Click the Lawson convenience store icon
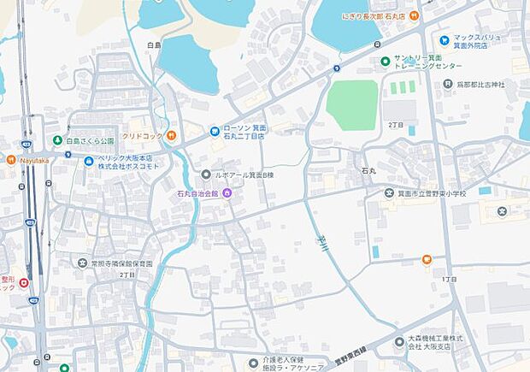pos(215,131)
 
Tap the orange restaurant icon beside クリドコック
pos(171,135)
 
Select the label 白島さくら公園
pos(89,140)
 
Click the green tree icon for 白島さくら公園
pos(57,140)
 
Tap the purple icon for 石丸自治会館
pos(227,194)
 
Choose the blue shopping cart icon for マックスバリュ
pos(445,40)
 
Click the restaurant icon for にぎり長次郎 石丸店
pos(414,15)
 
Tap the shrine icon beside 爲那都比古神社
pos(448,84)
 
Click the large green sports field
pos(352,104)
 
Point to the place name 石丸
pos(368,172)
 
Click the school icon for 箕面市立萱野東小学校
pos(366,194)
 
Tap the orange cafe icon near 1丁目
pos(427,260)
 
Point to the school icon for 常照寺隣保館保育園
pos(82,263)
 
